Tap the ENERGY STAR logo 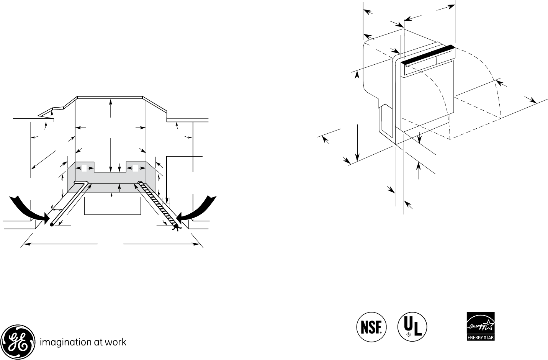point(480,326)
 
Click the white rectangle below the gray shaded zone point(113,206)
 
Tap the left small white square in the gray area point(85,168)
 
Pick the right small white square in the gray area point(135,168)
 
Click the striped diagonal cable point(157,203)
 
